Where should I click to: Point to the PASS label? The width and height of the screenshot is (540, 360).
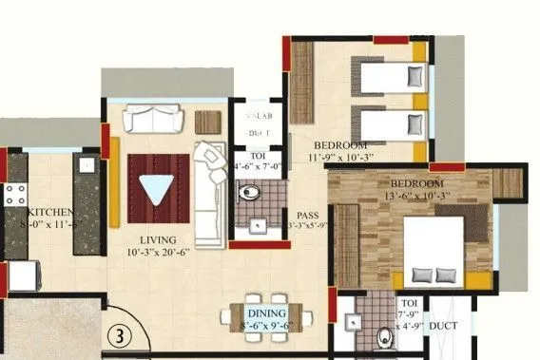pos(306,216)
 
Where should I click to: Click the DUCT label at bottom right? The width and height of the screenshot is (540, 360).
pos(443,327)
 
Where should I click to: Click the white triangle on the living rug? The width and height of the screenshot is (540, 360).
pos(152,187)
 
